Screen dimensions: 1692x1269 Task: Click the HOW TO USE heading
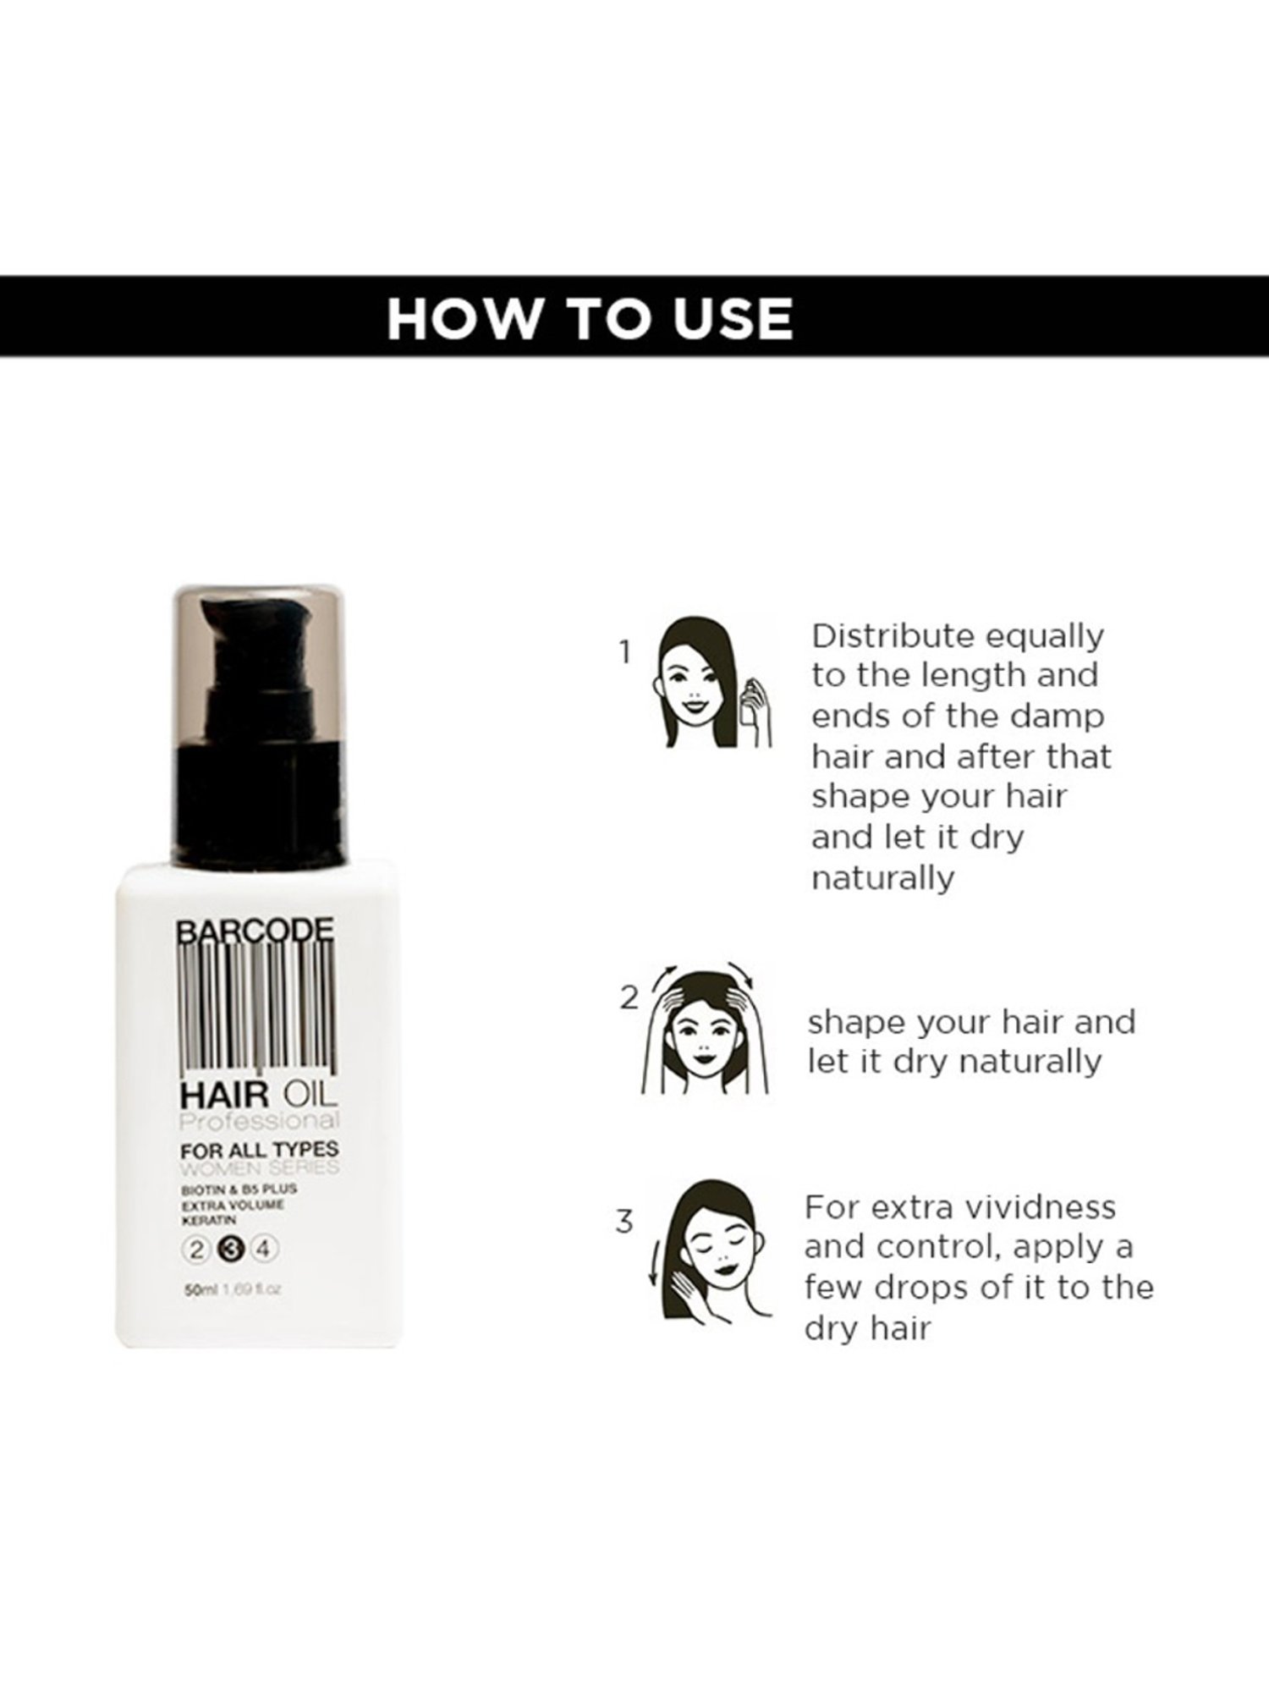[590, 318]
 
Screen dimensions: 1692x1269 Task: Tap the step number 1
[625, 652]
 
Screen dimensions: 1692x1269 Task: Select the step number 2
[629, 999]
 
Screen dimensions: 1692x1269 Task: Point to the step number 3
[624, 1222]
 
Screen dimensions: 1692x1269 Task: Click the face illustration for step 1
[711, 682]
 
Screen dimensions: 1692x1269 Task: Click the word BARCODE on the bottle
[255, 931]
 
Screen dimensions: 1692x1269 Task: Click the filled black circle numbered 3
[231, 1249]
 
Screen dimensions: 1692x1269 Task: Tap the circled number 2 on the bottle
[197, 1249]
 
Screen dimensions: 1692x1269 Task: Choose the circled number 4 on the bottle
[265, 1249]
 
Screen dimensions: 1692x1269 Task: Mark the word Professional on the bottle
[260, 1122]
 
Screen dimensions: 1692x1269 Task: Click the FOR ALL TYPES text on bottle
[259, 1149]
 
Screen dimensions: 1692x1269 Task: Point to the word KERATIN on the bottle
[208, 1221]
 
